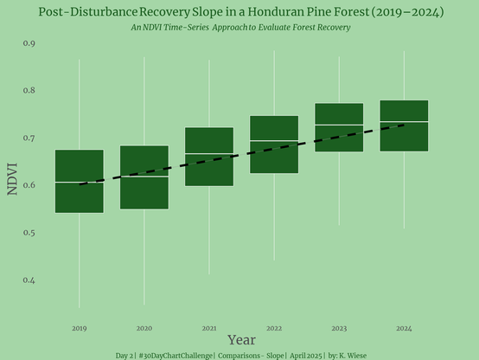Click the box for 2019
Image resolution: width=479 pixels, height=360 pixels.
[80, 181]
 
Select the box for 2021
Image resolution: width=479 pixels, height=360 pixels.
[209, 157]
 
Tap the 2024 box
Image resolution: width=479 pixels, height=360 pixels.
[404, 125]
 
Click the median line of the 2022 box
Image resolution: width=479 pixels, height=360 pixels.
[274, 140]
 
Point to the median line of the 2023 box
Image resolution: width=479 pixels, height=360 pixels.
[339, 125]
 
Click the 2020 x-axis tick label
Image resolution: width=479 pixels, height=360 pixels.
[144, 329]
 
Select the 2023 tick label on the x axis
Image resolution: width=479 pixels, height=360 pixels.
[339, 329]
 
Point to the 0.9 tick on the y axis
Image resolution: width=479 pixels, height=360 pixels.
[29, 43]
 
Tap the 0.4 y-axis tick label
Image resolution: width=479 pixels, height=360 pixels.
[29, 280]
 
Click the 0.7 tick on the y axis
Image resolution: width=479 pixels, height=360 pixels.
[29, 138]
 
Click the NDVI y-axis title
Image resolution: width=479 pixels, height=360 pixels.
[12, 179]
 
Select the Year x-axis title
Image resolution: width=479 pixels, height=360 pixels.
[241, 340]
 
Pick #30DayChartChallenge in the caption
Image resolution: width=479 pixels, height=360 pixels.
[176, 356]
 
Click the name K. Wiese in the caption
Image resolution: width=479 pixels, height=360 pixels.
[353, 356]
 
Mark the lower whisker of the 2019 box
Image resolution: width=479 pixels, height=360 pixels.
[80, 260]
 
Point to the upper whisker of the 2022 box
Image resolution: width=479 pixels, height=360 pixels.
[274, 83]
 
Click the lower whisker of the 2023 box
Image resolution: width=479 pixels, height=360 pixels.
[339, 189]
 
